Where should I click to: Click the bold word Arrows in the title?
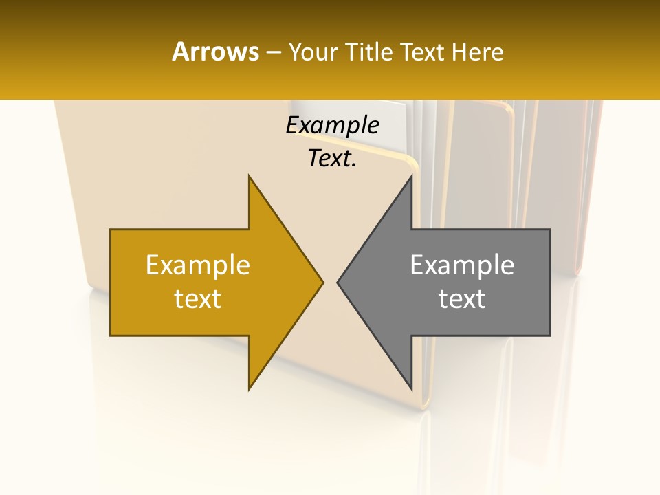pyautogui.click(x=215, y=52)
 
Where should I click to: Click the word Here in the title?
pyautogui.click(x=477, y=52)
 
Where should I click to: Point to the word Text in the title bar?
pyautogui.click(x=422, y=52)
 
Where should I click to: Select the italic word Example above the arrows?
pyautogui.click(x=332, y=125)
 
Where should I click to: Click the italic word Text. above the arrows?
pyautogui.click(x=332, y=158)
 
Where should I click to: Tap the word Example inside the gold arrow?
pyautogui.click(x=198, y=265)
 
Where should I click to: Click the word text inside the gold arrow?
pyautogui.click(x=198, y=298)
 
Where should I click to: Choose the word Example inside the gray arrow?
pyautogui.click(x=462, y=265)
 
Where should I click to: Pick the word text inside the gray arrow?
pyautogui.click(x=462, y=298)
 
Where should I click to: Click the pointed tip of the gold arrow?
pyautogui.click(x=322, y=282)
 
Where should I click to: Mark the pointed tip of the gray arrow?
pyautogui.click(x=338, y=282)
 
